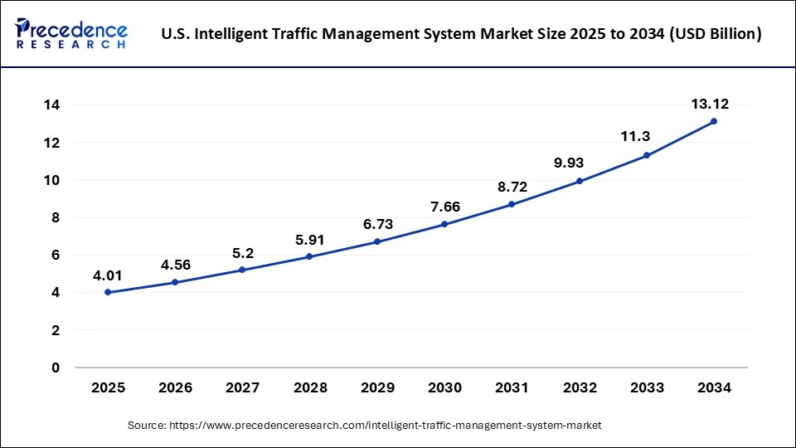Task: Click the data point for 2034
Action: pos(714,121)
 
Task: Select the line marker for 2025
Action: pos(108,292)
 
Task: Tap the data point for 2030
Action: pos(444,224)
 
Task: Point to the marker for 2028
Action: pos(309,256)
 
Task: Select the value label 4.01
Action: pos(108,274)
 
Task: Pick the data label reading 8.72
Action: pos(512,187)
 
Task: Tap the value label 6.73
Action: pos(377,225)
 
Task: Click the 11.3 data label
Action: pos(647,138)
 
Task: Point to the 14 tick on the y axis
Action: pos(52,105)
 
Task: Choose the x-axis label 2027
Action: pos(242,387)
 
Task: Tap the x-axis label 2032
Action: pos(580,387)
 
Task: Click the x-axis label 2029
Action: pos(377,387)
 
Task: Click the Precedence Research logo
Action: pos(71,34)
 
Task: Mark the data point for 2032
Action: pos(580,181)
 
